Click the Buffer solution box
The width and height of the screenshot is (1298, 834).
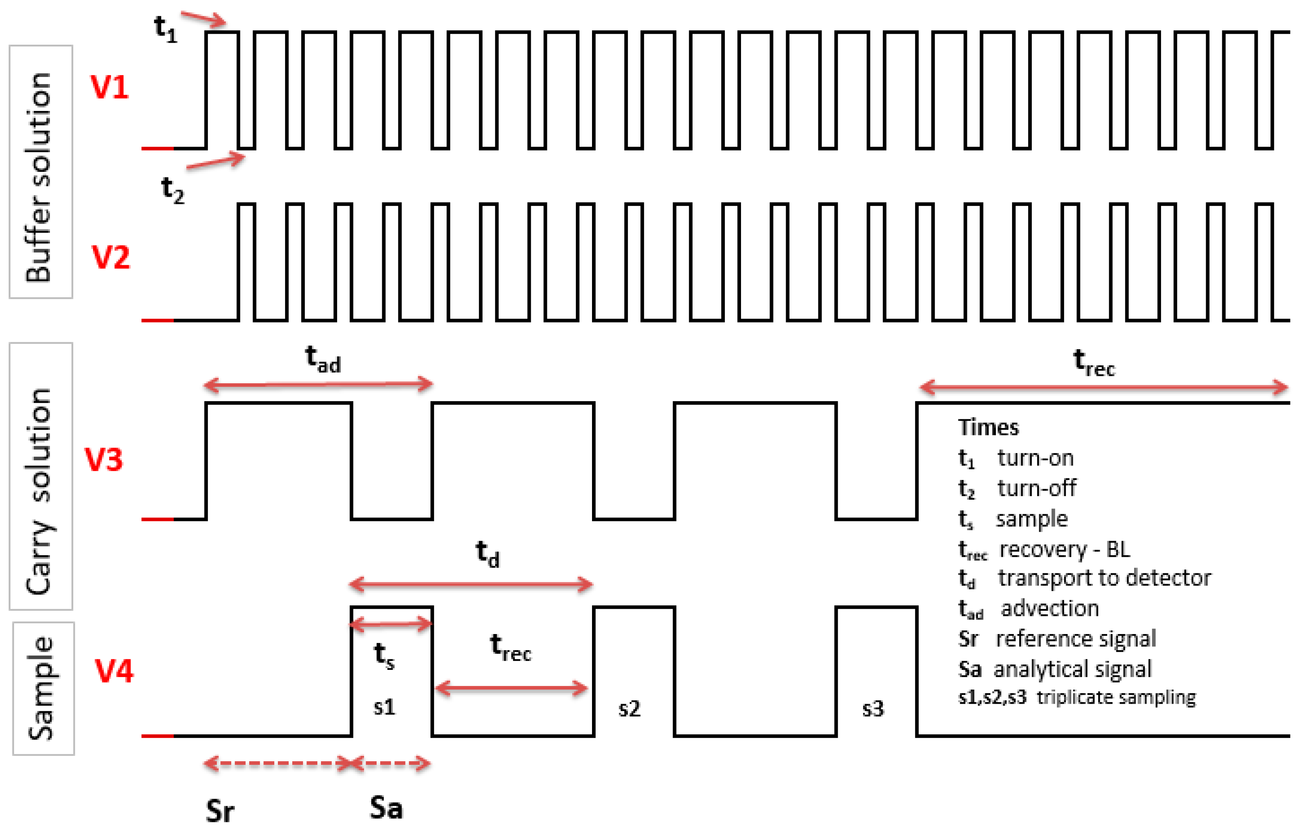[41, 172]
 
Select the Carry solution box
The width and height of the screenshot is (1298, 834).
[41, 476]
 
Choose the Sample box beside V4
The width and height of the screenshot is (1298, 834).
[43, 688]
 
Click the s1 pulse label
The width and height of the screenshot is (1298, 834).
[385, 707]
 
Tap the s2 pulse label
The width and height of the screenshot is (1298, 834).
[629, 708]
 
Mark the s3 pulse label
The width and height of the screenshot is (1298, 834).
[873, 708]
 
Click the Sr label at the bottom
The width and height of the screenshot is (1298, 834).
[220, 811]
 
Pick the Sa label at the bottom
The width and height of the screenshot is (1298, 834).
[386, 808]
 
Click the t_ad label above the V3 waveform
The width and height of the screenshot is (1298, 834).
[323, 360]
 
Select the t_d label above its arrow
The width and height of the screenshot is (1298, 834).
[487, 554]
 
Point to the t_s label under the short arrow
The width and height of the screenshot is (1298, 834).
[384, 655]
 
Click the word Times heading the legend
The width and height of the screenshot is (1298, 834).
[989, 427]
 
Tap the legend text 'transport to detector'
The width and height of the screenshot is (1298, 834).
[1104, 578]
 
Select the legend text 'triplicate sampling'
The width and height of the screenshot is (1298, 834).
[1116, 697]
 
